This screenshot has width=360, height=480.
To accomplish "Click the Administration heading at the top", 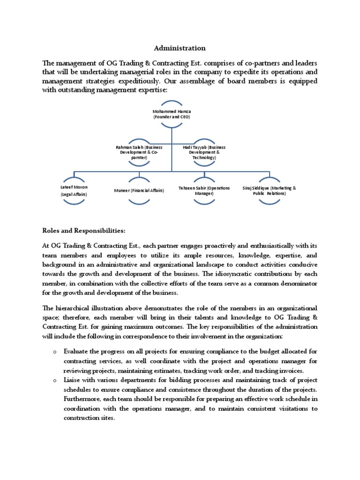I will [180, 48].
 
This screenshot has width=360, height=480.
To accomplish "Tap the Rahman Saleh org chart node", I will [139, 152].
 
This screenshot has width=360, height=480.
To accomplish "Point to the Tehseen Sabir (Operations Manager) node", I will [204, 190].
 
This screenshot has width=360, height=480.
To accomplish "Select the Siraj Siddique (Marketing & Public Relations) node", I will [270, 190].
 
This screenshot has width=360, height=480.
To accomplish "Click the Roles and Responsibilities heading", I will [84, 231].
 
